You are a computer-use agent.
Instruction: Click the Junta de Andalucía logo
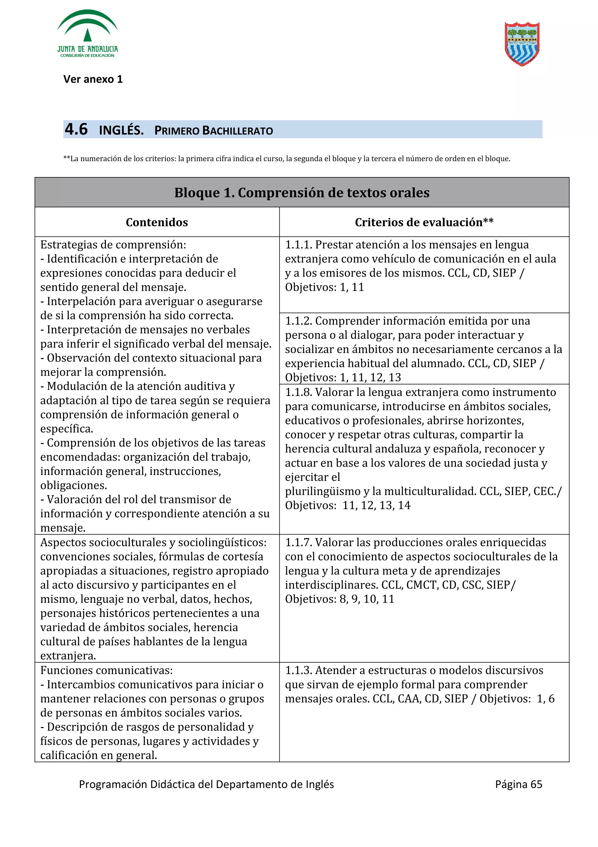point(87,34)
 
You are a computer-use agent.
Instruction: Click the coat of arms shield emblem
point(522,44)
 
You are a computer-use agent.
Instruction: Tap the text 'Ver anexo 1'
point(93,79)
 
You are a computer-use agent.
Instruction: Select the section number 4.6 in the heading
point(76,129)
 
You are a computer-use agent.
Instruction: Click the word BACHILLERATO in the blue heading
point(238,131)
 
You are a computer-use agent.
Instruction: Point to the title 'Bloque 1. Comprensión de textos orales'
point(301,193)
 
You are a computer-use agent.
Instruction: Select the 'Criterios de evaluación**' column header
point(424,222)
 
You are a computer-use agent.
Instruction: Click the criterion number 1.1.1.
point(298,245)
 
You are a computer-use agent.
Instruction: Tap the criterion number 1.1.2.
point(298,321)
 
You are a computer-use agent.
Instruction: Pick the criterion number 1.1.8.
point(298,392)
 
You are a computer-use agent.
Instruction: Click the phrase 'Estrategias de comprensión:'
point(113,245)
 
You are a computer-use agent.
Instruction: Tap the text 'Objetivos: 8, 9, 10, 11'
point(339,599)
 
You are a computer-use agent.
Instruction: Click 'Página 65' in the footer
point(518,784)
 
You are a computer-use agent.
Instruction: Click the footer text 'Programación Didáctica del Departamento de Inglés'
point(206,784)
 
